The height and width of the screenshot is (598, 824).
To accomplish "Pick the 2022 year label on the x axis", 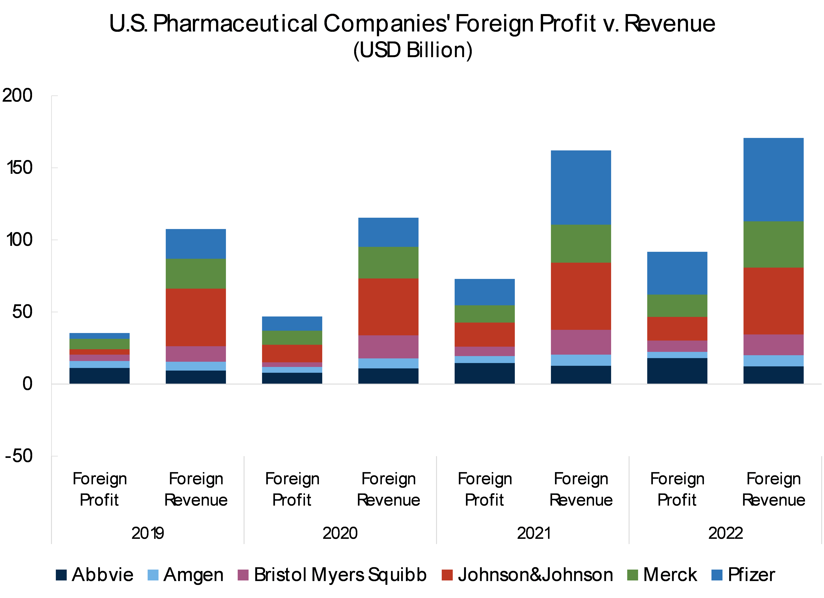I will point(725,533).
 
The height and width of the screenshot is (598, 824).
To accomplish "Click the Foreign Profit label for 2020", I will point(292,489).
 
